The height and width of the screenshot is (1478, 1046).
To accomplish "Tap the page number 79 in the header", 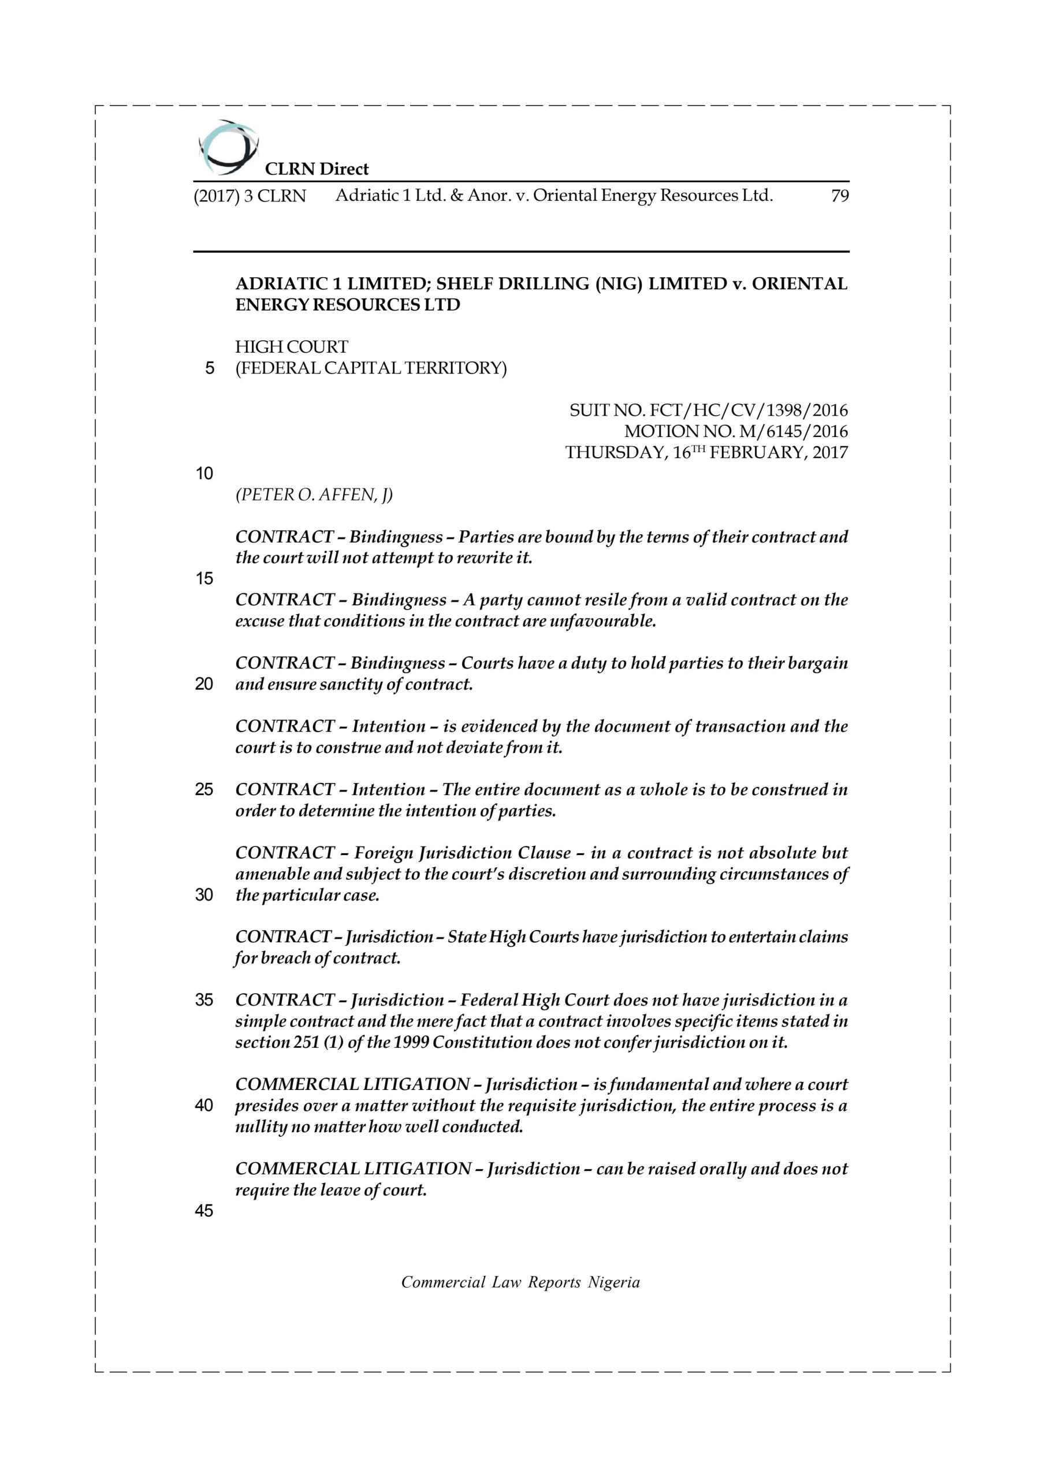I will [839, 196].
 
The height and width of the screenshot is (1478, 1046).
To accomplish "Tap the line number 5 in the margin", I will [209, 369].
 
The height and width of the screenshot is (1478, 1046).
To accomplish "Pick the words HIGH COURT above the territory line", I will [291, 347].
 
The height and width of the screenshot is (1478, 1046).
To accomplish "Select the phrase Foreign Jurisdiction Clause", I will [463, 853].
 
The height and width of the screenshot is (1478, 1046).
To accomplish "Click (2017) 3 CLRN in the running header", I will [250, 196].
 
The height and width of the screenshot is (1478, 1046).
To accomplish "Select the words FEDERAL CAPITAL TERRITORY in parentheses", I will [371, 368].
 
